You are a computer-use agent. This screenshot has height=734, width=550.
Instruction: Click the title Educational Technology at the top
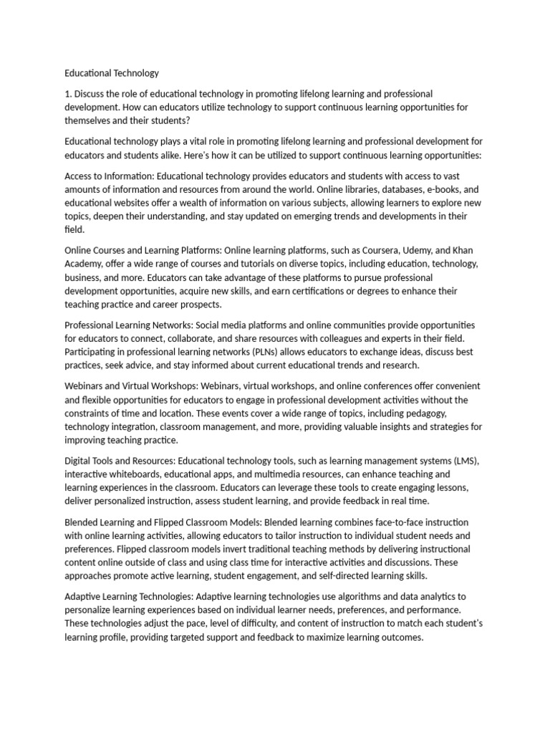pos(111,73)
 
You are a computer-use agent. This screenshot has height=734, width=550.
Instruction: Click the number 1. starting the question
pos(68,94)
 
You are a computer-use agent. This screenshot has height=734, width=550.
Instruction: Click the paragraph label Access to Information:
pos(110,176)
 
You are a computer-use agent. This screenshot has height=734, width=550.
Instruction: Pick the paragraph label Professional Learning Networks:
pos(128,325)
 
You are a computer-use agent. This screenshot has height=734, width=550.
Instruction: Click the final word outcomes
pos(403,637)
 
